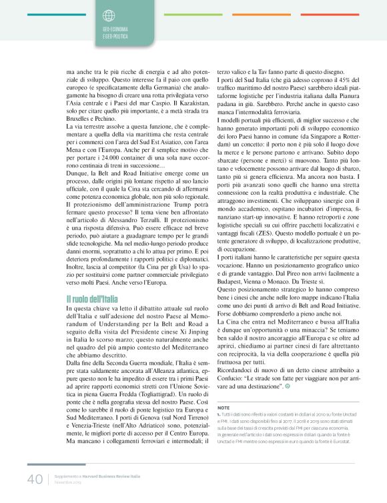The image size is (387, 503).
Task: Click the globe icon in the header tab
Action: point(109,14)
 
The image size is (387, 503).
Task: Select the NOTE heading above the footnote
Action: point(224,407)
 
